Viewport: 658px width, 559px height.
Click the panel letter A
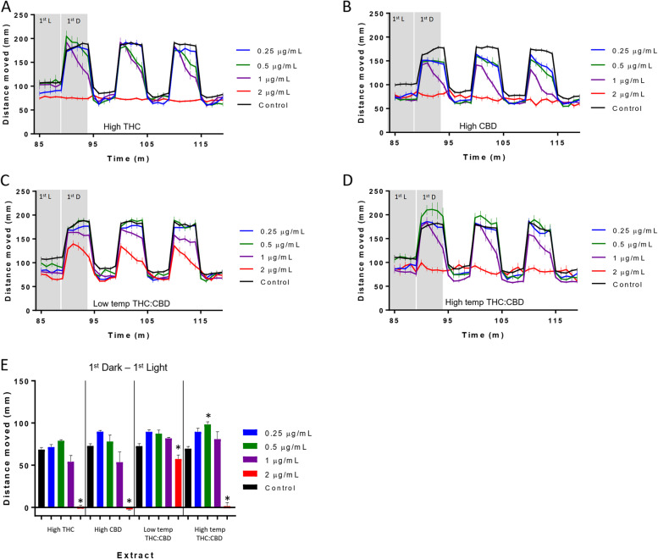click(8, 8)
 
